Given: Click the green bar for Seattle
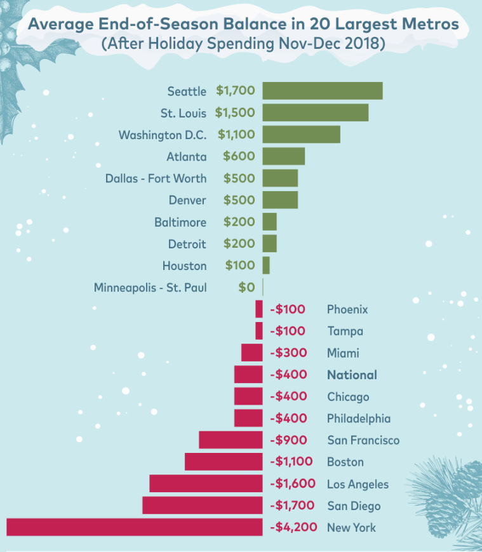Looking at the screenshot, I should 322,91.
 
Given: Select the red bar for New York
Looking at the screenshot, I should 134,527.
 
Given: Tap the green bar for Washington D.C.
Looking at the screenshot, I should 301,135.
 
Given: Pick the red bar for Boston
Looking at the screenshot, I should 224,462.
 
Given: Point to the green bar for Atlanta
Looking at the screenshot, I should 283,156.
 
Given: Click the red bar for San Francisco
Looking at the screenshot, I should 231,440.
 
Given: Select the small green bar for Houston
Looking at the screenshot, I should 266,266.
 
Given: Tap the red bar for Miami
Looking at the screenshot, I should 251,353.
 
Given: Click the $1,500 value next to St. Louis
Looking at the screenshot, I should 235,113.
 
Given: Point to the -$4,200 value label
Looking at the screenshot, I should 293,527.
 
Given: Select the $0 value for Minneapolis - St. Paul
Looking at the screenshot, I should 246,287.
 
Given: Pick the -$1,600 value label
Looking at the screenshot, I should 293,484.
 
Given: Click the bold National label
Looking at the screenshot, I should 352,375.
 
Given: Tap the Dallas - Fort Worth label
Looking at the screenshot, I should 156,178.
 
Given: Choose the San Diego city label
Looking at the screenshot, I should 354,506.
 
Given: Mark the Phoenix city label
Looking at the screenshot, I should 347,309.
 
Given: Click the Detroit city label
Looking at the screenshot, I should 187,244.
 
